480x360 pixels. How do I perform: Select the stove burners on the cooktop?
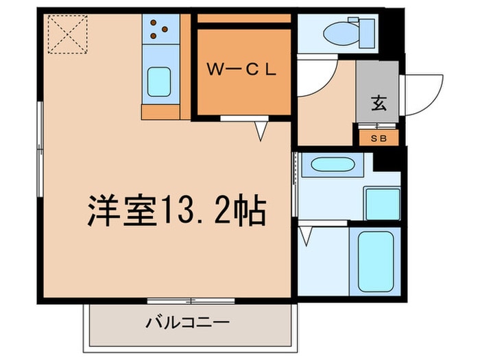click(x=159, y=29)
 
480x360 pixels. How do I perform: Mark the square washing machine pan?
click(x=382, y=203)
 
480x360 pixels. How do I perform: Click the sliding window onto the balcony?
click(x=191, y=300)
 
